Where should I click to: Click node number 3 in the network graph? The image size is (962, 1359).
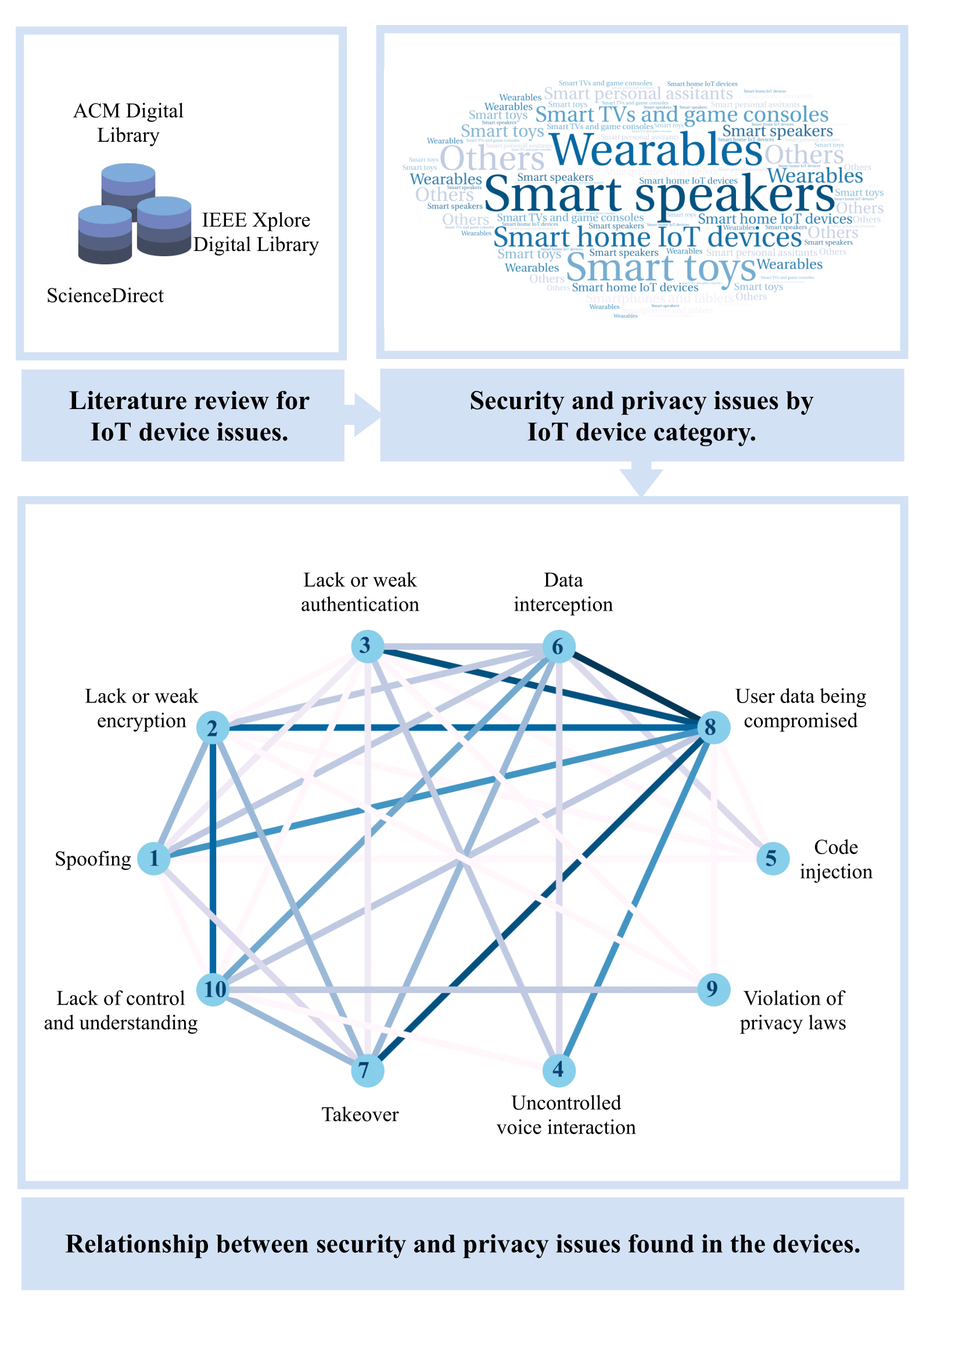pyautogui.click(x=367, y=646)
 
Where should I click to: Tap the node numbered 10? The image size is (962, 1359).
pyautogui.click(x=213, y=989)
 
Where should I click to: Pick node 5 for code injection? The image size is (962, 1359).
pyautogui.click(x=773, y=858)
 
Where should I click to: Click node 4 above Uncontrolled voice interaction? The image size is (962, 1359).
pyautogui.click(x=559, y=1070)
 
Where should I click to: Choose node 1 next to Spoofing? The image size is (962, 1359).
pyautogui.click(x=154, y=858)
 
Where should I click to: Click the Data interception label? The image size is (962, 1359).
pyautogui.click(x=563, y=592)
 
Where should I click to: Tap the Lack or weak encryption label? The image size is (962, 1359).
pyautogui.click(x=141, y=708)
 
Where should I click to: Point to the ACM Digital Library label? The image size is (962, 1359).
pyautogui.click(x=128, y=123)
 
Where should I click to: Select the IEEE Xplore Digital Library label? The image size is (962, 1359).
pyautogui.click(x=256, y=232)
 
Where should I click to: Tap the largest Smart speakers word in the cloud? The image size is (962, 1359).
pyautogui.click(x=659, y=194)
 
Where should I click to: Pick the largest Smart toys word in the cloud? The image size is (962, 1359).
pyautogui.click(x=661, y=268)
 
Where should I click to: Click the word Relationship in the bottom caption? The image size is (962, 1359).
pyautogui.click(x=137, y=1243)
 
